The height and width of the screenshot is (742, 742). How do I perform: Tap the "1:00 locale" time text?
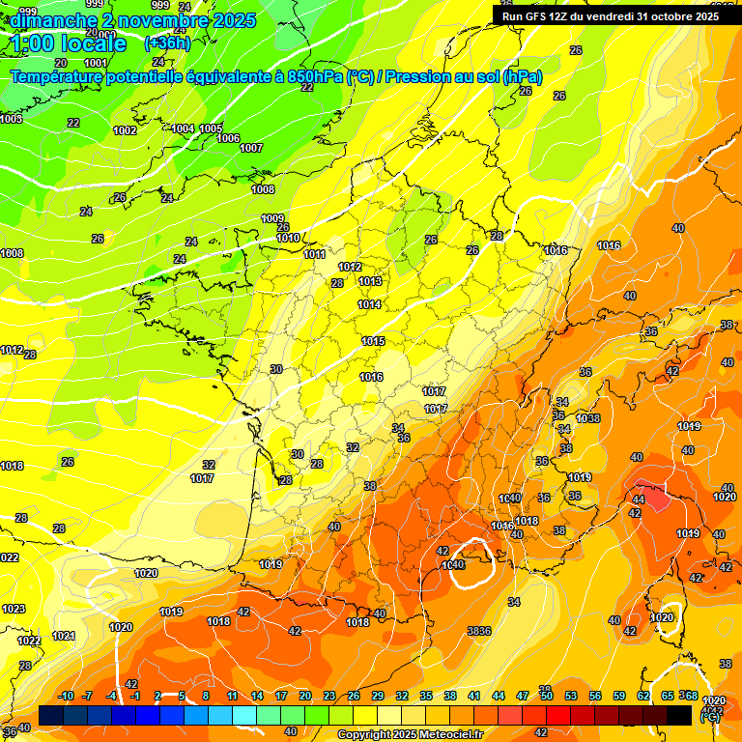(x=70, y=44)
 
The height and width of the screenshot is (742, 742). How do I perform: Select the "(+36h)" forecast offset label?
(x=167, y=43)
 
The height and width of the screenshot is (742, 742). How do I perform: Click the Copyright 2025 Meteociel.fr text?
(x=410, y=734)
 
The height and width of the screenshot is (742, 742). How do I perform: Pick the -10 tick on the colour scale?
(x=66, y=696)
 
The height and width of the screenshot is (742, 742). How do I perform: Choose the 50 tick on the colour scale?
(x=547, y=696)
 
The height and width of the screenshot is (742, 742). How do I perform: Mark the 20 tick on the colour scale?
(x=305, y=696)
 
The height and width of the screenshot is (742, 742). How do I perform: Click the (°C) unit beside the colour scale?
(x=710, y=717)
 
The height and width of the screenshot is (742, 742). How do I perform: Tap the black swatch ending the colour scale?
(x=679, y=715)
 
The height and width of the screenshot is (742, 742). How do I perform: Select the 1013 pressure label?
(x=370, y=281)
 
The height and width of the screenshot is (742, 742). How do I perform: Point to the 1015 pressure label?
(x=374, y=341)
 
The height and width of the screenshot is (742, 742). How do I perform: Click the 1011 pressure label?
(x=314, y=254)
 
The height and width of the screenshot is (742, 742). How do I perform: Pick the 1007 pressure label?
(x=251, y=148)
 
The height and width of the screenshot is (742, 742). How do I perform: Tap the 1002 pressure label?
(x=125, y=130)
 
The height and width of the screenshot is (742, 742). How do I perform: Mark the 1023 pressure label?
(x=14, y=609)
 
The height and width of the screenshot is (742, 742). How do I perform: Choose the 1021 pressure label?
(x=64, y=636)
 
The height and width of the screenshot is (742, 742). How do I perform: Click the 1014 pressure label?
(x=369, y=304)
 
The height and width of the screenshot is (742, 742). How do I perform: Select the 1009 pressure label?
(x=273, y=218)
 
